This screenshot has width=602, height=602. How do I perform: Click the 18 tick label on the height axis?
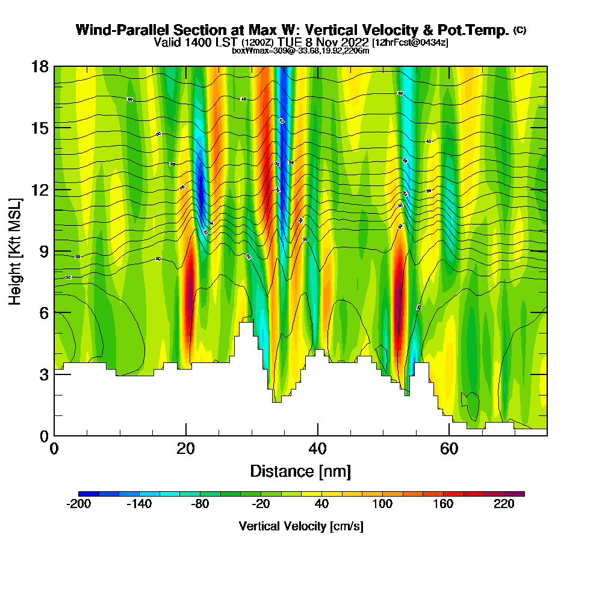tap(40, 66)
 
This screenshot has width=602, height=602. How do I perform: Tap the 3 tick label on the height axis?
tap(43, 374)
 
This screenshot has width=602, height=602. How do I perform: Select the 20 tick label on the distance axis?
tap(185, 449)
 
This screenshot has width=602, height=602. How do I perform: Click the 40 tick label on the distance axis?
tap(317, 449)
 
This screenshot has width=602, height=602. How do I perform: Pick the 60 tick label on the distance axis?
tap(449, 449)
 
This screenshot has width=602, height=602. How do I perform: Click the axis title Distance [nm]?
tap(300, 471)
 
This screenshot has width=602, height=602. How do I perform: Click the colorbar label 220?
tap(504, 504)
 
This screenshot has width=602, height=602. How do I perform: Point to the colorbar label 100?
tap(382, 504)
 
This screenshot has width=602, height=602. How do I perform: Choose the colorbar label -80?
tap(200, 504)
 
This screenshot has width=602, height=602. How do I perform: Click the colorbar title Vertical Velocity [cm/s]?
tap(300, 527)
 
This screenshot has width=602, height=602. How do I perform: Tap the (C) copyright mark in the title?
tap(520, 30)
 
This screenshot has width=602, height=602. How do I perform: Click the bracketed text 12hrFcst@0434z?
tap(410, 43)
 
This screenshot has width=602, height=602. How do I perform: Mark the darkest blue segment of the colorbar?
tap(89, 494)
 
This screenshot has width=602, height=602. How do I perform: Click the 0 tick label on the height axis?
tap(43, 436)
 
